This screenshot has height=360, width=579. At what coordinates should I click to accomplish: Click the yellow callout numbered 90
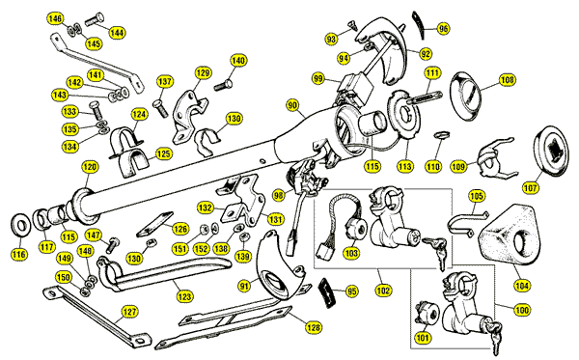point(292,105)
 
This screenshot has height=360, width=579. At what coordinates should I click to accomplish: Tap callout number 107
point(531,188)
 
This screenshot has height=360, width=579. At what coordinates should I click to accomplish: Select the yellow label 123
point(184,295)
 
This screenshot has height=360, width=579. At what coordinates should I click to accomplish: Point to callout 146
point(55,18)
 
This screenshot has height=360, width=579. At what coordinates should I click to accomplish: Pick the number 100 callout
point(522,310)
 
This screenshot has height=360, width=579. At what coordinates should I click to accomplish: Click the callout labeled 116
point(19,254)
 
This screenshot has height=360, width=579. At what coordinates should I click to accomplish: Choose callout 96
point(443,28)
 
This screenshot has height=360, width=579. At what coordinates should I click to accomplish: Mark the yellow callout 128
point(314,327)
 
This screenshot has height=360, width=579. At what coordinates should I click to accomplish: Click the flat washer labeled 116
point(21,226)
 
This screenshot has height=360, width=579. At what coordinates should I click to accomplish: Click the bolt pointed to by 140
point(224,86)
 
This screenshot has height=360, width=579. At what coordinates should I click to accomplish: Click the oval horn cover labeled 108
point(465,96)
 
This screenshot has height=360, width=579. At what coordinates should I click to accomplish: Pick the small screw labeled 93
point(352,25)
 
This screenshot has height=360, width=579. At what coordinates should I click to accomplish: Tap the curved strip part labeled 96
point(419,24)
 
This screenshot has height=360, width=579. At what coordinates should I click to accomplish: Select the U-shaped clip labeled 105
point(467,222)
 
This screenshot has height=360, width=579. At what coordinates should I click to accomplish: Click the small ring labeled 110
point(441,133)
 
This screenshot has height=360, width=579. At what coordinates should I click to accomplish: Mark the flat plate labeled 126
point(154,224)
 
